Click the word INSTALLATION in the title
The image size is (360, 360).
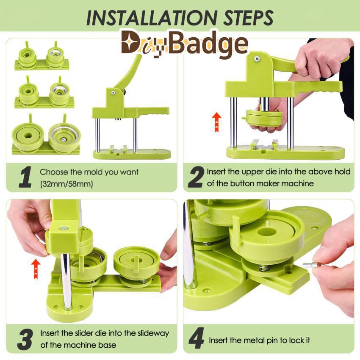click(152, 17)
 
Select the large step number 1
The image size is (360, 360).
click(25, 177)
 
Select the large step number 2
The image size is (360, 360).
click(196, 177)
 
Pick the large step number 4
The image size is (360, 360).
click(196, 338)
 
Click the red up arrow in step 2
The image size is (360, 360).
click(216, 122)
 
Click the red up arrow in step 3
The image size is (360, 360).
click(36, 269)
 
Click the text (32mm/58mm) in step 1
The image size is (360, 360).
click(66, 184)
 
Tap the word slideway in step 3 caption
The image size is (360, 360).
click(153, 333)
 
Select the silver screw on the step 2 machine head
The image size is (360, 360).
click(256, 59)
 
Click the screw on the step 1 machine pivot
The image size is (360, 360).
click(113, 93)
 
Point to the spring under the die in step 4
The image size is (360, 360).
click(262, 268)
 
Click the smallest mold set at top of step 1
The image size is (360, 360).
click(42, 56)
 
